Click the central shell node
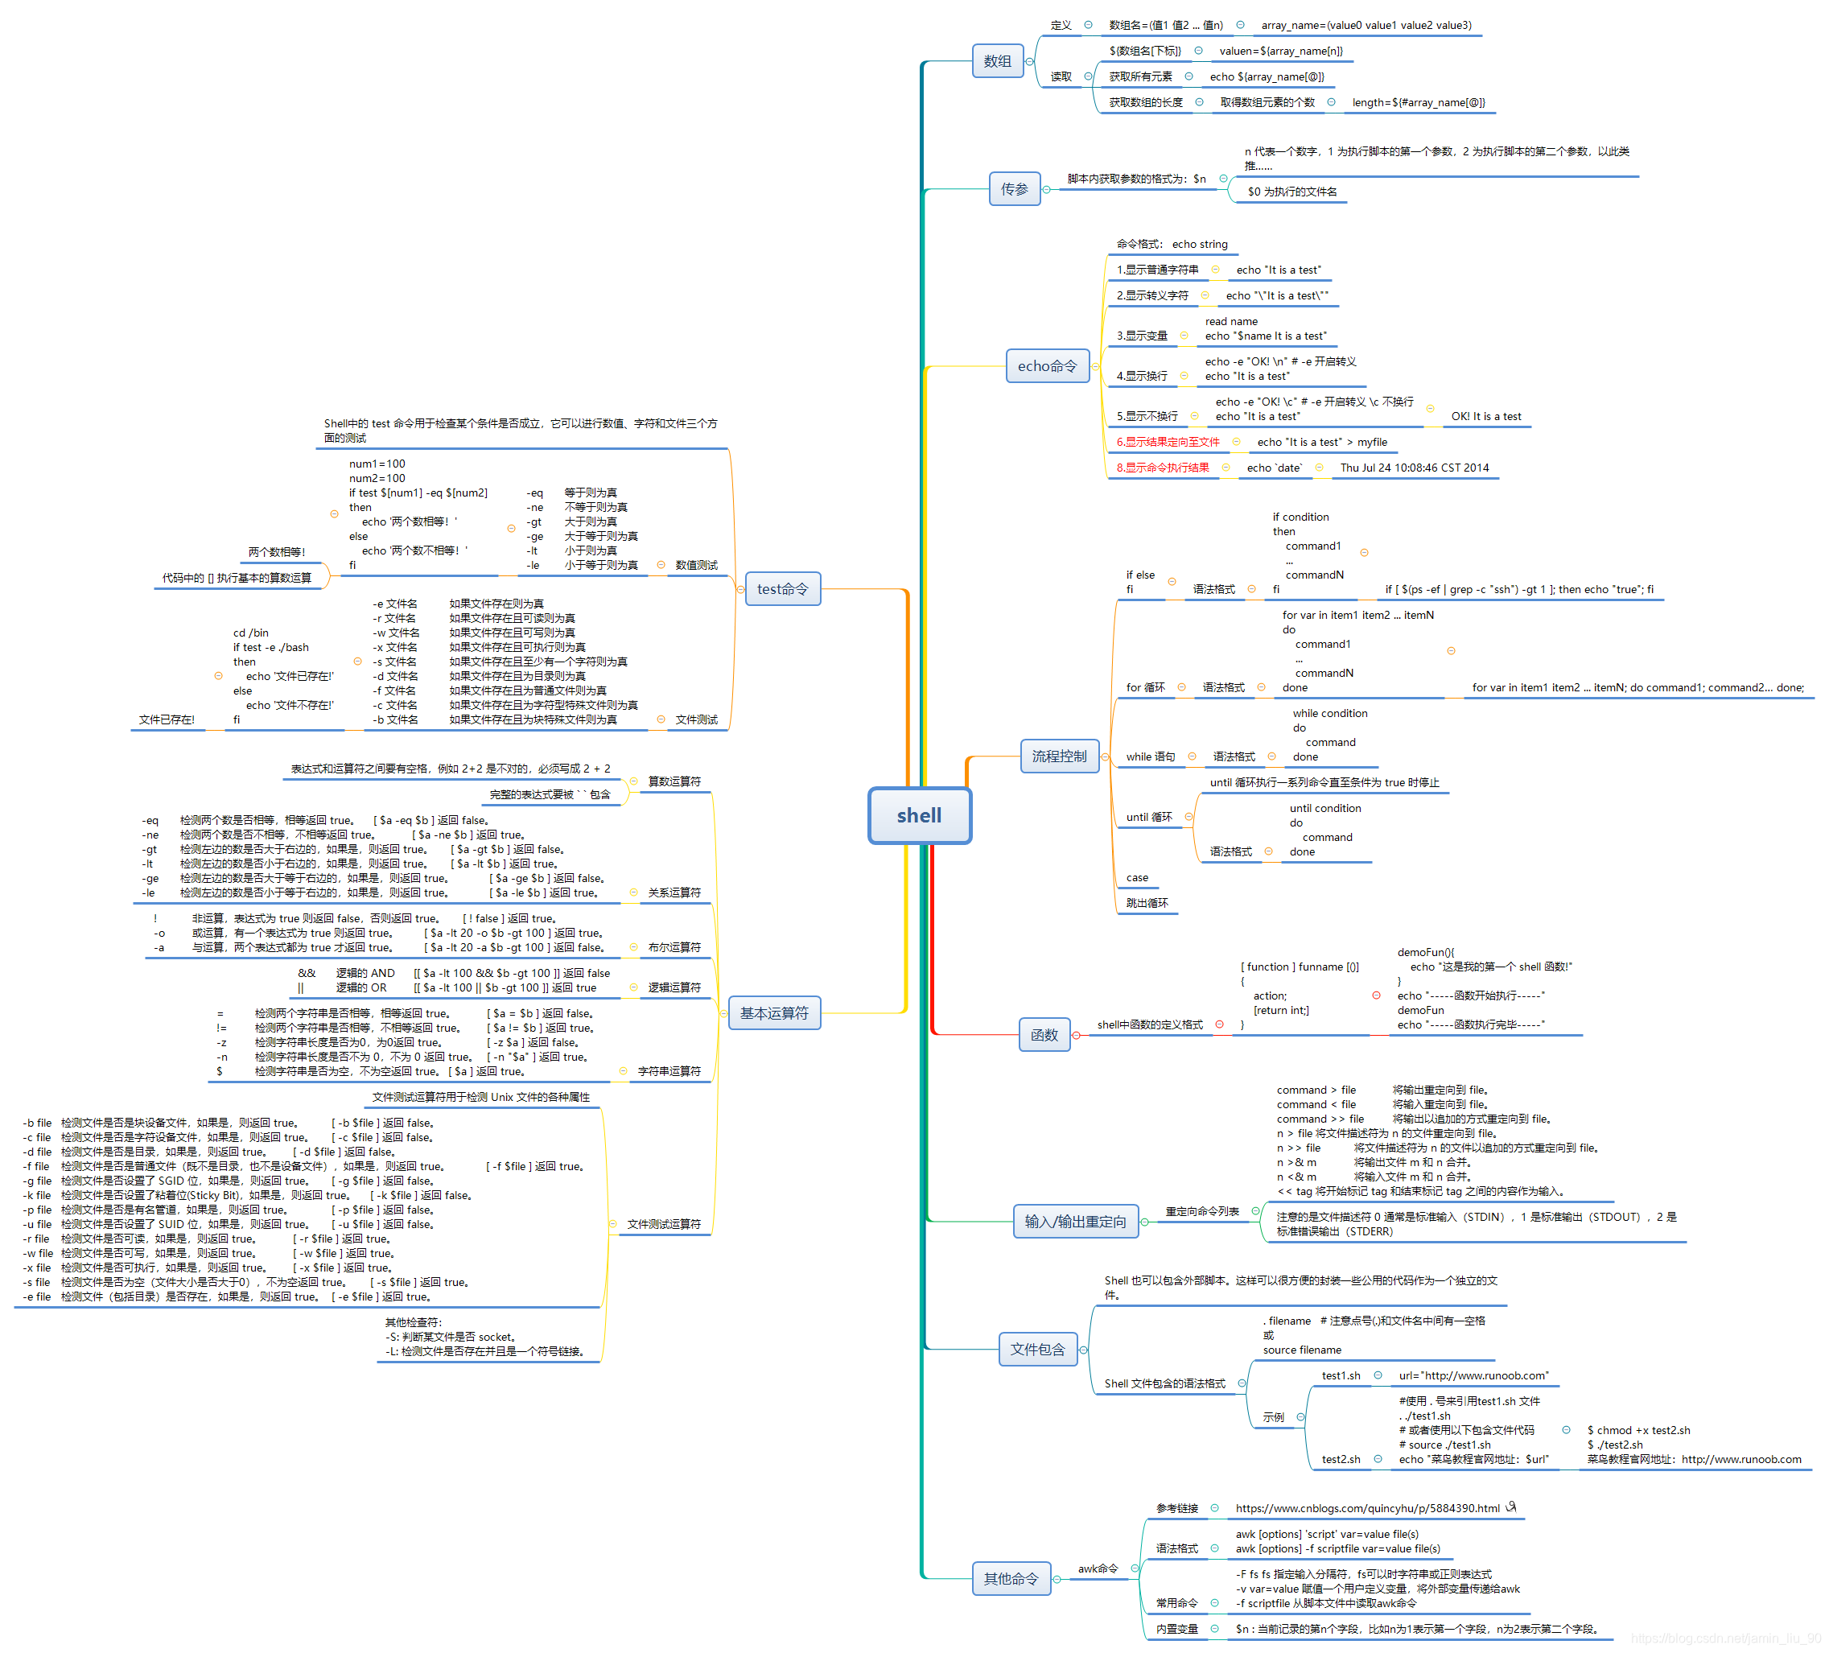[919, 814]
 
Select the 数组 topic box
[997, 61]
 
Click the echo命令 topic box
[1047, 365]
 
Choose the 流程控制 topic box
[1059, 756]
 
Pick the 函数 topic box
[1044, 1034]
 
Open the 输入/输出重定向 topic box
[1075, 1221]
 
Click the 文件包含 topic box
[1037, 1349]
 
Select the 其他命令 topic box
[1011, 1579]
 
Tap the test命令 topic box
[782, 589]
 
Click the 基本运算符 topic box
[774, 1012]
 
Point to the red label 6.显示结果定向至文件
[1168, 442]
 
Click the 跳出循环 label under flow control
[1147, 903]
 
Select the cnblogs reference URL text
[1367, 1508]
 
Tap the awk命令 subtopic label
[1097, 1568]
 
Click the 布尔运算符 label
[674, 947]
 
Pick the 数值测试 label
[696, 564]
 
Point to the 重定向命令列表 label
[1201, 1211]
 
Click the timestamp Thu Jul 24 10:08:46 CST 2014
[1414, 468]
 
